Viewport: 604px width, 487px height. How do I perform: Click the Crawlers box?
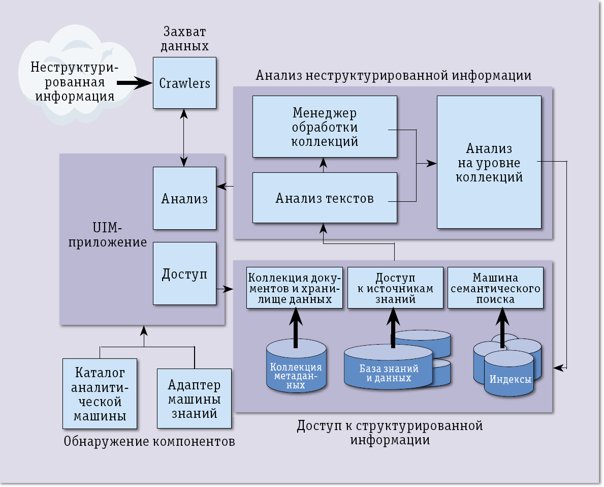click(184, 82)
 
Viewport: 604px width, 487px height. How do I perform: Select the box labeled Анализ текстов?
click(325, 198)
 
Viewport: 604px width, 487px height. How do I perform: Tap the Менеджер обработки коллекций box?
click(325, 127)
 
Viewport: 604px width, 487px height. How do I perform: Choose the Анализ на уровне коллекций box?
click(489, 162)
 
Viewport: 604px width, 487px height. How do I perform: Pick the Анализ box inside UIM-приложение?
click(184, 198)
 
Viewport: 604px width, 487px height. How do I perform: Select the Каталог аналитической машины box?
click(100, 394)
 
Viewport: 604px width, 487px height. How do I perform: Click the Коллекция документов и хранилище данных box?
click(295, 288)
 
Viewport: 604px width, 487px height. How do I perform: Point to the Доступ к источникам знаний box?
click(395, 288)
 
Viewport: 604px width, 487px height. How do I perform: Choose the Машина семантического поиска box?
click(495, 288)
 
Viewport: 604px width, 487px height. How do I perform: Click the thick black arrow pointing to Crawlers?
click(134, 82)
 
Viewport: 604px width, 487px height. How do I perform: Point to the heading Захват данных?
click(184, 39)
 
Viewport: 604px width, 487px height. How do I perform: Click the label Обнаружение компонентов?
click(149, 441)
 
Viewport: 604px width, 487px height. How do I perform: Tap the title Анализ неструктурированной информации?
click(393, 76)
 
